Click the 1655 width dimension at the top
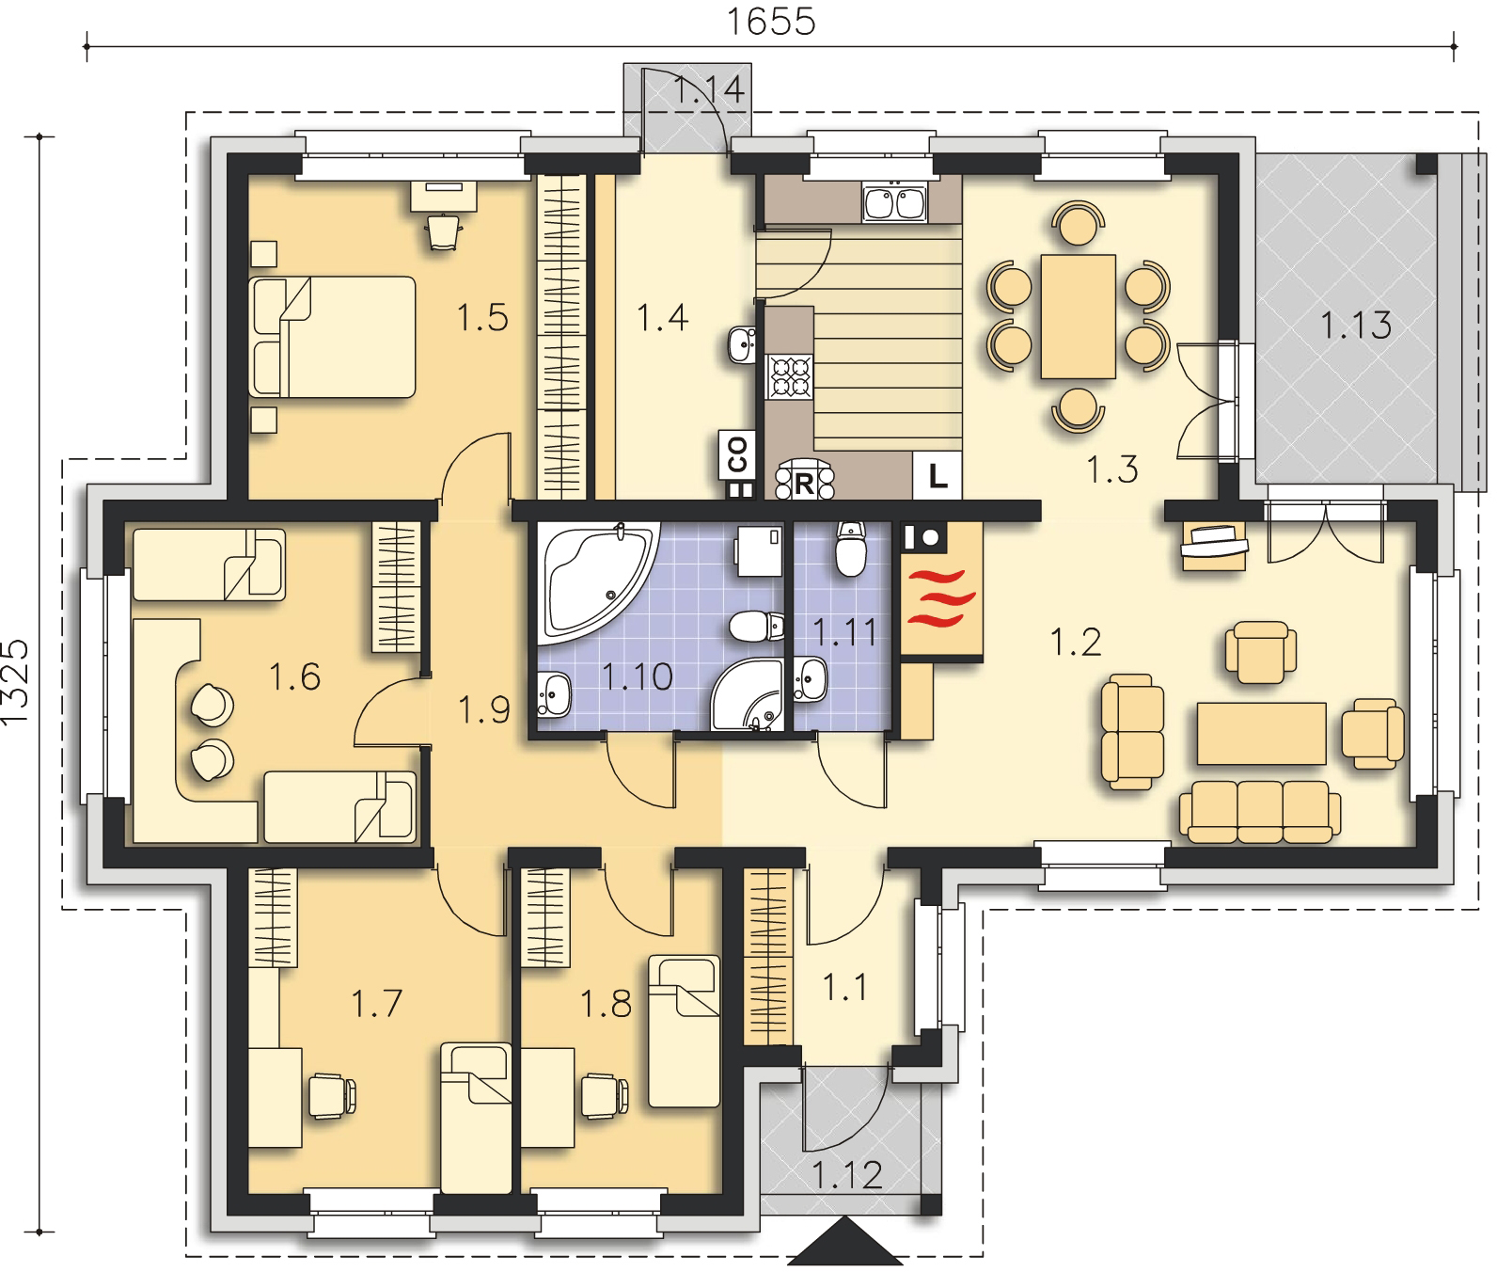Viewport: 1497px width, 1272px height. pos(771,20)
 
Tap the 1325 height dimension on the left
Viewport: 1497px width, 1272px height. pos(17,683)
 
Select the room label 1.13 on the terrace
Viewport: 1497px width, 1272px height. pos(1355,326)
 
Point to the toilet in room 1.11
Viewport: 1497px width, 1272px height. pos(850,549)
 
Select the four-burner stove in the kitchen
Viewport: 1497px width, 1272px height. pos(790,376)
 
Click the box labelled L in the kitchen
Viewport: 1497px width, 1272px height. pos(938,475)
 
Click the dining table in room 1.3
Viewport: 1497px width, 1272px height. pos(1078,315)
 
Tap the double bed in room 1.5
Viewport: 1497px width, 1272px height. pos(333,337)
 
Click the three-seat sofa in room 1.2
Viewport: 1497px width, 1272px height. pos(1261,811)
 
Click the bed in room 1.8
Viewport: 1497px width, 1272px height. pos(685,1031)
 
